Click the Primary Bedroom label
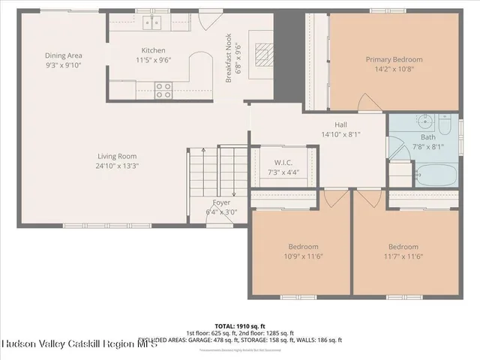click(x=394, y=59)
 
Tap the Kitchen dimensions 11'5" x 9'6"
click(x=154, y=61)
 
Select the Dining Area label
click(x=63, y=55)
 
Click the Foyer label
click(x=221, y=202)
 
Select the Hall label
click(x=341, y=125)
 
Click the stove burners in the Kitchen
click(x=163, y=90)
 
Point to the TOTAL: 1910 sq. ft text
click(x=240, y=326)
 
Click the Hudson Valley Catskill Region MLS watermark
click(x=79, y=343)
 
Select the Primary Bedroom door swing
click(x=367, y=103)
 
